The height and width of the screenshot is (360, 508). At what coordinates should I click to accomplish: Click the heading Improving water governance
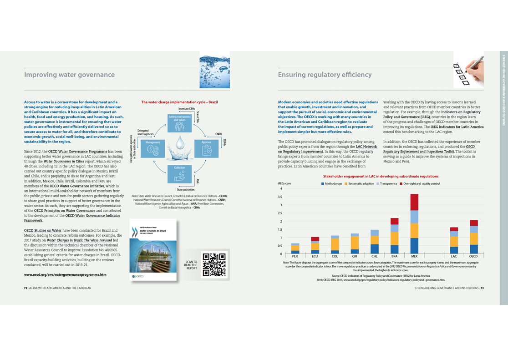pos(69,75)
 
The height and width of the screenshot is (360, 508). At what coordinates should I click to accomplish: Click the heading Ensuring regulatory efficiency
pos(325,75)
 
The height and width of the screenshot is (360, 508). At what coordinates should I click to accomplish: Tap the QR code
pos(213,264)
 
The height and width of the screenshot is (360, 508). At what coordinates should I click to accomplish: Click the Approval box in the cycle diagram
pos(206,149)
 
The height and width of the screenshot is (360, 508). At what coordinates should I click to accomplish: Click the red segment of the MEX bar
pos(414,202)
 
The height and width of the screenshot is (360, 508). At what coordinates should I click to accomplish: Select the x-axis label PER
pos(295,257)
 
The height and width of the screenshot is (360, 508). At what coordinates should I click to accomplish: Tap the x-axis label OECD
pos(473,257)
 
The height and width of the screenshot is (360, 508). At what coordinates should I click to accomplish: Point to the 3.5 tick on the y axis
pos(280,197)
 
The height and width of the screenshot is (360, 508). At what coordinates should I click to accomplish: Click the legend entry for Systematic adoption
pos(361,184)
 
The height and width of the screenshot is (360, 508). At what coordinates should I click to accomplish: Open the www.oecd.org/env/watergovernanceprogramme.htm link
pos(65,275)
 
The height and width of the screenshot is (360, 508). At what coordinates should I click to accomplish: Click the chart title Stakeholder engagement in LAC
pos(381,176)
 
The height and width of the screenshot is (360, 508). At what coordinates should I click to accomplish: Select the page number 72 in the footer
pos(25,288)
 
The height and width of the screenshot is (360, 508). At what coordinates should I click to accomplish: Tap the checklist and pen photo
pos(468,69)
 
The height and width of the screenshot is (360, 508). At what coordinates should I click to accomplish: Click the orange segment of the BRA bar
pos(394,238)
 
